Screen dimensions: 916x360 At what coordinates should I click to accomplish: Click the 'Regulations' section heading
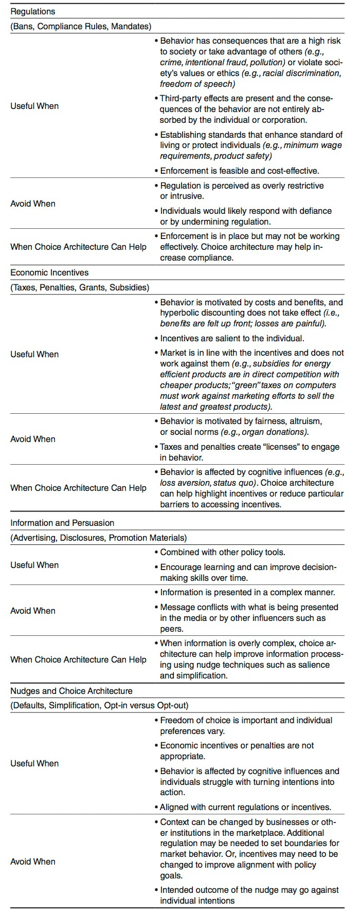point(33,11)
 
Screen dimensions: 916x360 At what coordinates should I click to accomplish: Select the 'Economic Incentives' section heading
point(49,272)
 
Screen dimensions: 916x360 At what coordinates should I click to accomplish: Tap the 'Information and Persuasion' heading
point(62,523)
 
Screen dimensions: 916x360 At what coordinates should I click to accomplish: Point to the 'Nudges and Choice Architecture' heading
point(71,691)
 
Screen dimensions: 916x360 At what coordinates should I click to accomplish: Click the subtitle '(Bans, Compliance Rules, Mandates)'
point(81,26)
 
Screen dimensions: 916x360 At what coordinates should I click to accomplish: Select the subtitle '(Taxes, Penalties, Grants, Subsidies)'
point(80,287)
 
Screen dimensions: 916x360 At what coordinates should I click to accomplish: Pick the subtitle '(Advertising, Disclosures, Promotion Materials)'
point(98,538)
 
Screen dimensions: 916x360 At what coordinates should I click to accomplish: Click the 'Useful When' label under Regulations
point(34,106)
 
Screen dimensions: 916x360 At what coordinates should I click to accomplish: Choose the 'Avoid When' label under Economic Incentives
point(33,439)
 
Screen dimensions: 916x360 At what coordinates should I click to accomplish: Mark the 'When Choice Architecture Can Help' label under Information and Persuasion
point(78,659)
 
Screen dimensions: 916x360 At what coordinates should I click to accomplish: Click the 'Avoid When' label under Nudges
point(33,862)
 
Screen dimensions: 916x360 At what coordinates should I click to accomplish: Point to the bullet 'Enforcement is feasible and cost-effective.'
point(240,171)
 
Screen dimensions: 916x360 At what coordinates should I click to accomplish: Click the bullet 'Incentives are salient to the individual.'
point(232,338)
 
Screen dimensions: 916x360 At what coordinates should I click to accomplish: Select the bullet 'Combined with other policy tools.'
point(222,553)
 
